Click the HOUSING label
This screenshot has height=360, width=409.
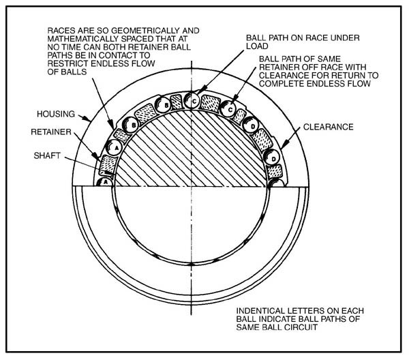pyautogui.click(x=56, y=114)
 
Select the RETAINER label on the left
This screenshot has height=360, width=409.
pyautogui.click(x=51, y=132)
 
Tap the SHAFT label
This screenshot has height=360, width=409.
pyautogui.click(x=47, y=155)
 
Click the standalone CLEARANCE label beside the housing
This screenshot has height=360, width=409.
pyautogui.click(x=328, y=127)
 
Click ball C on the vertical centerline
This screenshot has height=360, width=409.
pyautogui.click(x=192, y=101)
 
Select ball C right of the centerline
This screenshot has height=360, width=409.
pyautogui.click(x=228, y=109)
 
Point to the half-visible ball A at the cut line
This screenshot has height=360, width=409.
pyautogui.click(x=104, y=182)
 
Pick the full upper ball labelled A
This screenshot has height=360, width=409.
pyautogui.click(x=115, y=147)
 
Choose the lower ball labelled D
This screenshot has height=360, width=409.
pyautogui.click(x=271, y=157)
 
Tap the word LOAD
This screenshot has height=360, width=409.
pyautogui.click(x=257, y=46)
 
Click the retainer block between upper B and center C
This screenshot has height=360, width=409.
pyautogui.click(x=176, y=102)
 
